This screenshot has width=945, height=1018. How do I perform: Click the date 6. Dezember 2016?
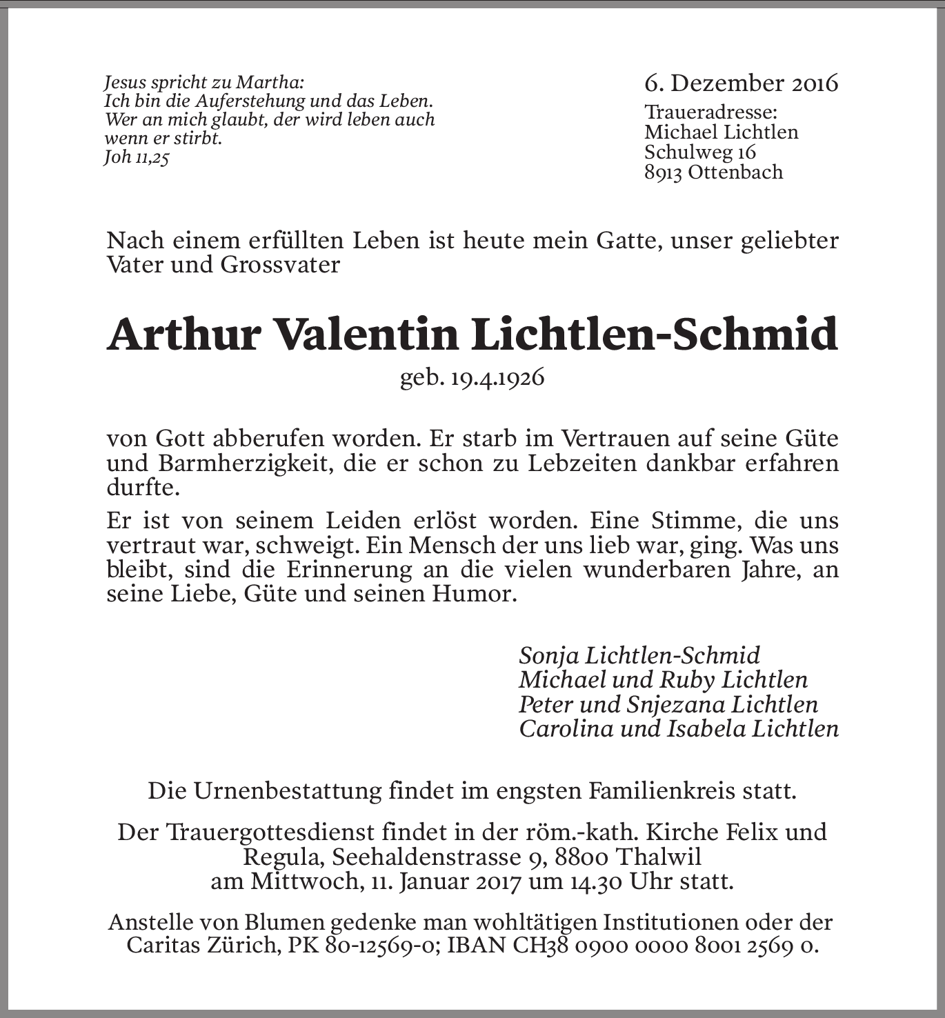click(741, 83)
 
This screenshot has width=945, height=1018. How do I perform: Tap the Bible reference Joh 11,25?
click(136, 157)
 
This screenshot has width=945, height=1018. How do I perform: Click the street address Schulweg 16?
click(700, 152)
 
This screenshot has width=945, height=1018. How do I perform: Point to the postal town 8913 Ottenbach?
click(713, 172)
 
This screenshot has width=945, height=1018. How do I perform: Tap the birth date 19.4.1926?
click(497, 378)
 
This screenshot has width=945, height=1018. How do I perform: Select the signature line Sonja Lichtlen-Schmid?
click(639, 655)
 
